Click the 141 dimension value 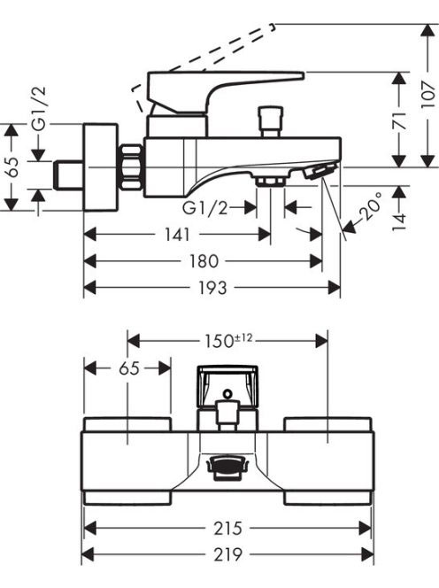point(177,236)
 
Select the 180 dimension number point(204,261)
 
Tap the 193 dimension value point(212,288)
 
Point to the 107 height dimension point(428,95)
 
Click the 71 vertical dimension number point(401,120)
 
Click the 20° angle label point(370,207)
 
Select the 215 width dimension point(228,529)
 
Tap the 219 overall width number point(228,554)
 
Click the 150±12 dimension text point(228,341)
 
